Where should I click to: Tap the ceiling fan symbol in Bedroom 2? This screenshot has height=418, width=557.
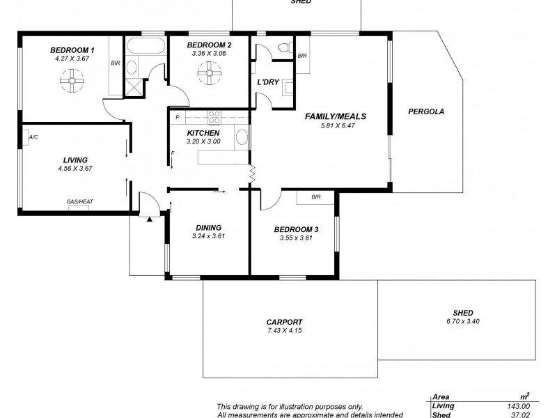tap(207, 72)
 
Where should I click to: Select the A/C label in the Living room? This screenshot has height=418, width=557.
tap(33, 138)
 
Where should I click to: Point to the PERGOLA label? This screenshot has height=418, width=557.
tap(426, 111)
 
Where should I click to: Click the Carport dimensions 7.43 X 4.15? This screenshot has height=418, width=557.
tap(284, 331)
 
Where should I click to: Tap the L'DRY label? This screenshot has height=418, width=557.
tap(268, 82)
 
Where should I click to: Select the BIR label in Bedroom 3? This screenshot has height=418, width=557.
tap(316, 198)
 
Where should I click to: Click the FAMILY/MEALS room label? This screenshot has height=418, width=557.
tap(336, 116)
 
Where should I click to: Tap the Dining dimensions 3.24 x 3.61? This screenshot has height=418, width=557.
tap(208, 236)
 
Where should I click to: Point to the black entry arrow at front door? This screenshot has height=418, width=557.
tap(150, 219)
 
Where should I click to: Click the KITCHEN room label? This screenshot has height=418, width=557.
tap(203, 132)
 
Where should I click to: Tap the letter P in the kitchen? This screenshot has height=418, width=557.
tap(178, 117)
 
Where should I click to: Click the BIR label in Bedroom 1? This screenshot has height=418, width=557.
tap(115, 63)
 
